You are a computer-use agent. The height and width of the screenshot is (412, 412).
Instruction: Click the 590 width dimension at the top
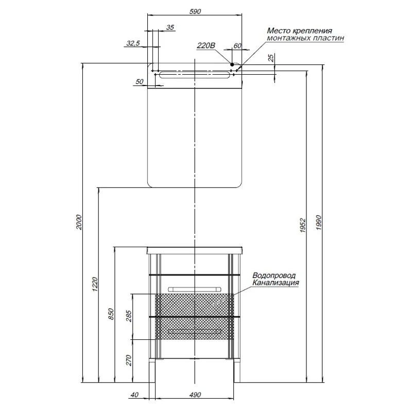coord(195,11)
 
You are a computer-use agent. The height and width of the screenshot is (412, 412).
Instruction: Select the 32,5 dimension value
coord(133,43)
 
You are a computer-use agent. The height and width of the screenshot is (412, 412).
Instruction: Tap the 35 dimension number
coord(170,27)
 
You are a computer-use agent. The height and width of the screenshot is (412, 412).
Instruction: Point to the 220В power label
coord(206,45)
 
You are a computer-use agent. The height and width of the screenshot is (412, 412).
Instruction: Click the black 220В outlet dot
coord(232,64)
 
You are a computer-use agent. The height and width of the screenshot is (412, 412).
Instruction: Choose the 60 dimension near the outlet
coord(237,46)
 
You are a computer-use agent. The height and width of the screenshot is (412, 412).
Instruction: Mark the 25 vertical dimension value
coord(271,58)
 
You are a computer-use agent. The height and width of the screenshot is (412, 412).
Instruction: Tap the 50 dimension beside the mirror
coord(140,81)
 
